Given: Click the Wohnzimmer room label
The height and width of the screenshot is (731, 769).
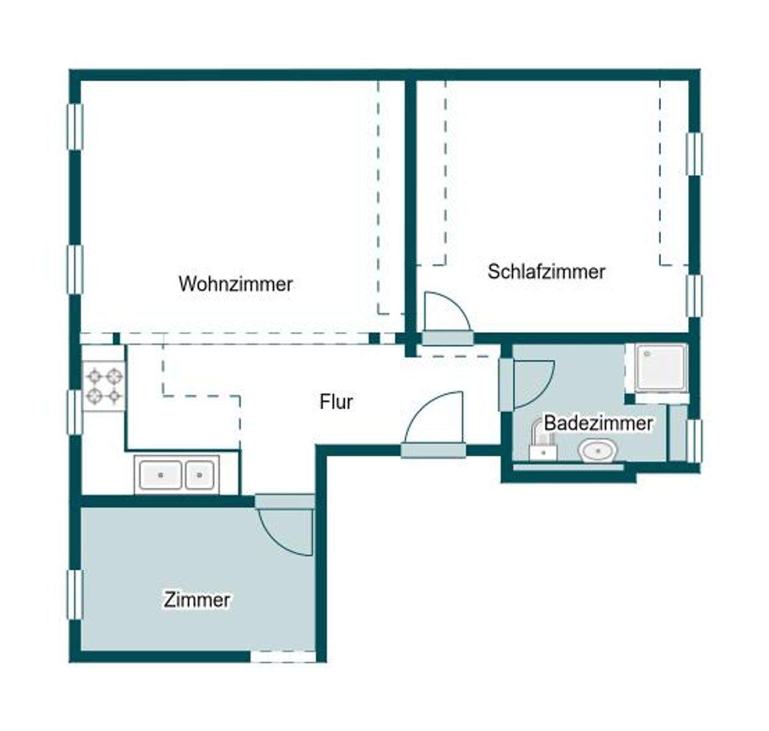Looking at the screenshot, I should (235, 284).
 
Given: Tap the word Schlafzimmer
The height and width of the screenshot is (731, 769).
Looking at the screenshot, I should (546, 272).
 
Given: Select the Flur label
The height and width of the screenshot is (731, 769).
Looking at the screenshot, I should (336, 402).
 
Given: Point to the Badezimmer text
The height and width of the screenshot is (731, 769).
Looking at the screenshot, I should (598, 423).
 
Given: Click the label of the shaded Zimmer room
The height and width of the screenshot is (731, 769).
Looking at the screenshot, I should (197, 599).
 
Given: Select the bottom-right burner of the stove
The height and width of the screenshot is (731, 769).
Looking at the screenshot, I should (115, 397).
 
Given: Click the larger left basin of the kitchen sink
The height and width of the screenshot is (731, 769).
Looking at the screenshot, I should (160, 475).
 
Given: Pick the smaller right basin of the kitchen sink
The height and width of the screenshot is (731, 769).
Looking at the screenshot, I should (199, 475).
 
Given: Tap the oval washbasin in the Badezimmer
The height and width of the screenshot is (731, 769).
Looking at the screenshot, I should (598, 452).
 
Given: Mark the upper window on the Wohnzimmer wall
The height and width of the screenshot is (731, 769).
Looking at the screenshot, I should (74, 127).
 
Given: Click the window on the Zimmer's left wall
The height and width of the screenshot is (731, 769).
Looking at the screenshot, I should (74, 595).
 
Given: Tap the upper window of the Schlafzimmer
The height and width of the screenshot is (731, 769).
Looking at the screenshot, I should (694, 154).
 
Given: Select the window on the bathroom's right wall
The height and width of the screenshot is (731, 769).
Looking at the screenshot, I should (694, 440).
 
